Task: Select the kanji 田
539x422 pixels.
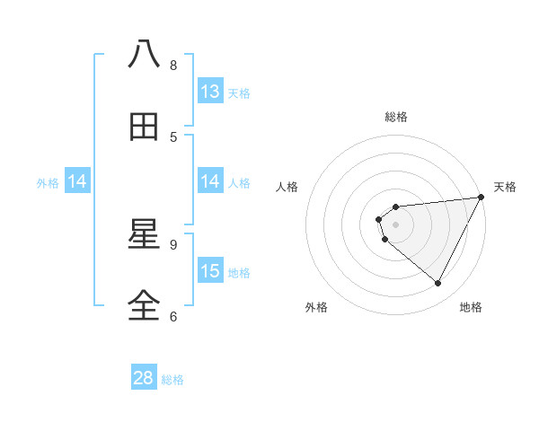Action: [x=145, y=127]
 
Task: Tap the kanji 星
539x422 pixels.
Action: [x=145, y=234]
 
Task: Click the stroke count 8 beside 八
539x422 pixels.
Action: [x=173, y=65]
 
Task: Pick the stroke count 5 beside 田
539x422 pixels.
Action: [x=173, y=136]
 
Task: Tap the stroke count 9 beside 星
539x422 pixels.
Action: [x=173, y=244]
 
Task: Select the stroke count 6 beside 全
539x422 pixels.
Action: [x=173, y=316]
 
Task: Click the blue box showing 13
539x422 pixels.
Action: [x=210, y=92]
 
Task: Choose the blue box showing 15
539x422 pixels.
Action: [x=210, y=271]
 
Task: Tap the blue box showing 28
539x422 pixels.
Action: [x=144, y=378]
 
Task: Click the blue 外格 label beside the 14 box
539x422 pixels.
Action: [x=48, y=182]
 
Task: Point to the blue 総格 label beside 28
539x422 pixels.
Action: [x=172, y=380]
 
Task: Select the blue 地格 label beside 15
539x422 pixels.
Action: [x=239, y=272]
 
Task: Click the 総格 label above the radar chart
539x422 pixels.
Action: [x=395, y=117]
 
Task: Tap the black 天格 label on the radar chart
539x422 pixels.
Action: [x=506, y=187]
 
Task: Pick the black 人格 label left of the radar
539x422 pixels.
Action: [x=287, y=187]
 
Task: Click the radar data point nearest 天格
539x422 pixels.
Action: [x=482, y=198]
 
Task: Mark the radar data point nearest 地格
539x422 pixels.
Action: [x=438, y=284]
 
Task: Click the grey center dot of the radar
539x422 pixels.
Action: [x=395, y=224]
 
